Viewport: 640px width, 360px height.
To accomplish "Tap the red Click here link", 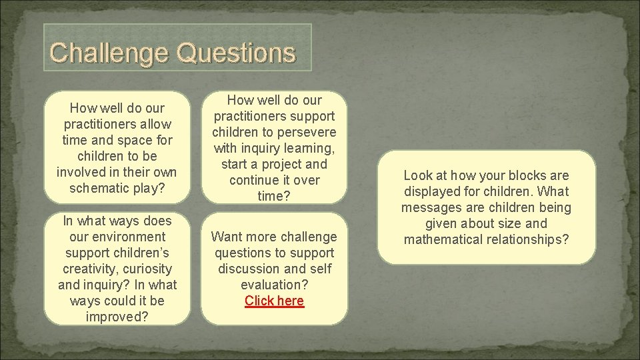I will coord(274,301).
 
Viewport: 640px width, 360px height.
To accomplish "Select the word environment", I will coord(130,237).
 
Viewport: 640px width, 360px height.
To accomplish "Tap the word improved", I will coord(117,317).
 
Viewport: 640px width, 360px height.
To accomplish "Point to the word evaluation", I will coord(274,285).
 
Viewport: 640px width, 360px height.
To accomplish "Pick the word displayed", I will coord(435,191).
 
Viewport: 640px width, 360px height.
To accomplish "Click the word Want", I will coord(226,237).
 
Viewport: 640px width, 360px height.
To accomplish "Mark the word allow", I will coord(155,124).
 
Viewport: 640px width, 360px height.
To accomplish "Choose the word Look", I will coord(418,175).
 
